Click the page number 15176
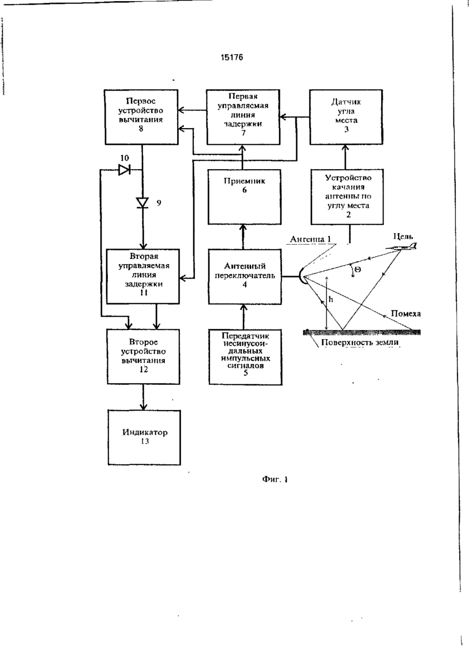[232, 57]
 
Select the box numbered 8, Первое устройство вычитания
[141, 117]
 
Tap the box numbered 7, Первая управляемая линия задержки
[243, 117]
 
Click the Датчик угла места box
[346, 117]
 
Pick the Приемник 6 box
[244, 197]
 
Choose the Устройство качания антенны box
[347, 197]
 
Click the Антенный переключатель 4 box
[245, 277]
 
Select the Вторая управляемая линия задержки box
[143, 277]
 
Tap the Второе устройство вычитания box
[143, 357]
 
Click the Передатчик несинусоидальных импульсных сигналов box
[245, 357]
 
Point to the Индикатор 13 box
[144, 438]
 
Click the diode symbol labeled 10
[124, 170]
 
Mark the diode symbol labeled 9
[142, 203]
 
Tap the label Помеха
[406, 314]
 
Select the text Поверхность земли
[360, 343]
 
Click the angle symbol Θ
[357, 269]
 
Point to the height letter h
[331, 300]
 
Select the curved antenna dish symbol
[303, 276]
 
